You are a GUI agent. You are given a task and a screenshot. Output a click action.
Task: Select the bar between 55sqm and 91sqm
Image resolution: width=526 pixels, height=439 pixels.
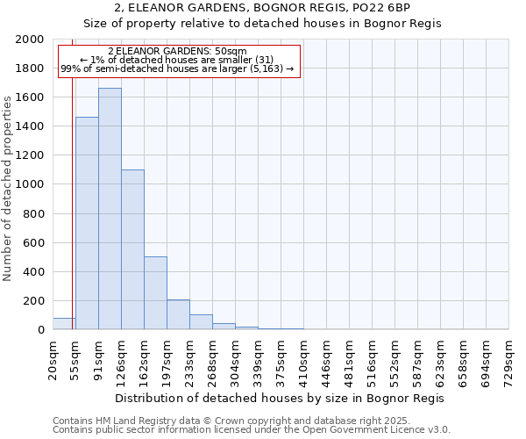click(87, 223)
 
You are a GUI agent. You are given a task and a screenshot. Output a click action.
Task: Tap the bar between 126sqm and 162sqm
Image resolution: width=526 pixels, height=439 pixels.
click(132, 249)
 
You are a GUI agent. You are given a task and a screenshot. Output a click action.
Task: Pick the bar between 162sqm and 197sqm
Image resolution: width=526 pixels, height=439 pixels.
click(155, 293)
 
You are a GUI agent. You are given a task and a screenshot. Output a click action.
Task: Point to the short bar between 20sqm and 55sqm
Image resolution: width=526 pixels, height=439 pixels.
click(64, 324)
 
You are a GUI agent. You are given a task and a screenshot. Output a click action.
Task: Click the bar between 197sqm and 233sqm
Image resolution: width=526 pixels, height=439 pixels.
click(178, 314)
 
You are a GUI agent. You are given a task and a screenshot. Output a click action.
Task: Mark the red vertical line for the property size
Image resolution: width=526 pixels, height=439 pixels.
click(72, 176)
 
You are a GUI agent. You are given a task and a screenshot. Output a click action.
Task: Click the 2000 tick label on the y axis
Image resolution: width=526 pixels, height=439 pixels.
click(30, 40)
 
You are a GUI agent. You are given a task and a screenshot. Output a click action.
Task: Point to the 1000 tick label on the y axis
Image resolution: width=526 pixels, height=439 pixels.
click(30, 184)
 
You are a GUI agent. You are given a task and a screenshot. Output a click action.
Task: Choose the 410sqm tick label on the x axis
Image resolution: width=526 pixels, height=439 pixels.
click(303, 358)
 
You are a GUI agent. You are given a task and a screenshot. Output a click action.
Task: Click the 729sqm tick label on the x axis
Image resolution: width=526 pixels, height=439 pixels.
click(508, 358)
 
